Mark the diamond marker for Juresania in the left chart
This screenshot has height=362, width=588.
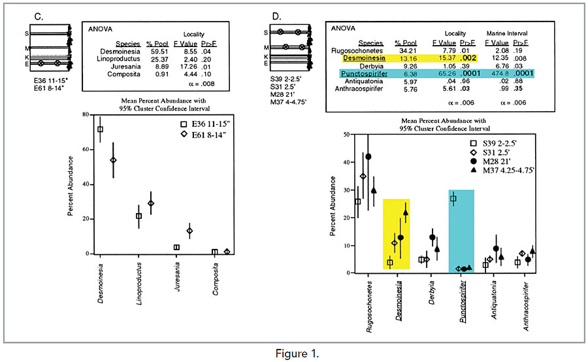point(189,231)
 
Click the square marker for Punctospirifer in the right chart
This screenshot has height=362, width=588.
point(453,199)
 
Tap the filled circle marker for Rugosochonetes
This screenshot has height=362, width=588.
point(368,157)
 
